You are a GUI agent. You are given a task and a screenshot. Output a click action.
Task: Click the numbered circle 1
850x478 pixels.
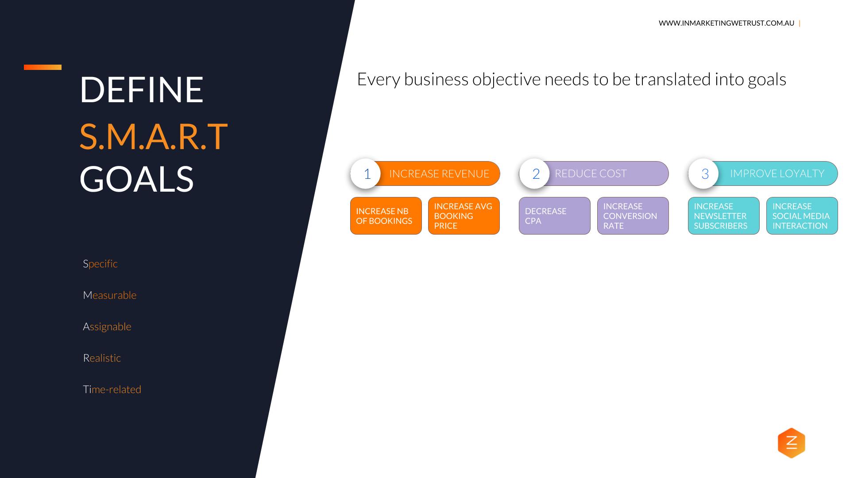(x=366, y=173)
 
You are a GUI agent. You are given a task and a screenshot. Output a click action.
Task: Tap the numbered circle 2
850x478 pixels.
(x=535, y=173)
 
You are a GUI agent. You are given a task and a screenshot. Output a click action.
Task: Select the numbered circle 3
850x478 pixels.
(x=704, y=173)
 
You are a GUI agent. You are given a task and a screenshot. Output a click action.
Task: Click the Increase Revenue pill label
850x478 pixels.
(x=439, y=173)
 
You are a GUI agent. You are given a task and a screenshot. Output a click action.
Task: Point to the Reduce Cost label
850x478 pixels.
(x=591, y=173)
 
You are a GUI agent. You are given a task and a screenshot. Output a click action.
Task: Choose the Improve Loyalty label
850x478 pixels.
(x=777, y=173)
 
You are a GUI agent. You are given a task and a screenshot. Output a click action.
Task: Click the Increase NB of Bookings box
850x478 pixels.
(x=386, y=216)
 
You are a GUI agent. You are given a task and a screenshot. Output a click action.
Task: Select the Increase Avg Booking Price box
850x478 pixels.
(x=464, y=216)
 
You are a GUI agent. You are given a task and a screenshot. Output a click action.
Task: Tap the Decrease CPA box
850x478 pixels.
(x=554, y=216)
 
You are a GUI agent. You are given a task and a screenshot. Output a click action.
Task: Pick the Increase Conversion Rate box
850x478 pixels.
(x=633, y=216)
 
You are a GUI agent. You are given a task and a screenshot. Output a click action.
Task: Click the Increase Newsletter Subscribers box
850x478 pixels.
(x=723, y=216)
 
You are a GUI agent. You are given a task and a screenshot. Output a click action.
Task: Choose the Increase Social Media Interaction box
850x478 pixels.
(x=802, y=216)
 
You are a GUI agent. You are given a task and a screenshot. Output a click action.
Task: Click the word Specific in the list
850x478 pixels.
(x=100, y=264)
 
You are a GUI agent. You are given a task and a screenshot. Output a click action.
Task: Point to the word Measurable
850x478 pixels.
(x=110, y=295)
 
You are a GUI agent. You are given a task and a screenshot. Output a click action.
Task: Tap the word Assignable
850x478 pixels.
(x=107, y=327)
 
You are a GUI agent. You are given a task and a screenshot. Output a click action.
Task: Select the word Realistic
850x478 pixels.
(x=102, y=358)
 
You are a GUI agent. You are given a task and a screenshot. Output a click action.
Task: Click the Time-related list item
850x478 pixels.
(x=112, y=389)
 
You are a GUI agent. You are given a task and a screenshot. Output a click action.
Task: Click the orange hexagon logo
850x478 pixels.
(x=791, y=443)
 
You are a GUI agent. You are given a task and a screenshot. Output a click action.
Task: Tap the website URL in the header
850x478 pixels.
(x=726, y=23)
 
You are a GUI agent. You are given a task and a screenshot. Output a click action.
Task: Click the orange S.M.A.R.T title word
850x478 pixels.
(x=153, y=136)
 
